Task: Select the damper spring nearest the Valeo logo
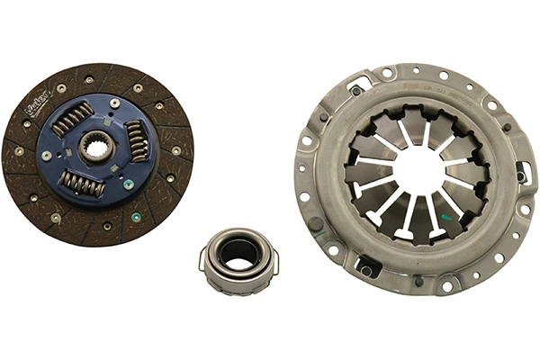(73, 117)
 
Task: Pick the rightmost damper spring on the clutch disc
(137, 141)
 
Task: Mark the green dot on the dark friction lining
(135, 216)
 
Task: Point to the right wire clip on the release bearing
(274, 261)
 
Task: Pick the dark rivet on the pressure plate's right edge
(519, 176)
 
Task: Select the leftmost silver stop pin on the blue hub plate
(47, 155)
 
